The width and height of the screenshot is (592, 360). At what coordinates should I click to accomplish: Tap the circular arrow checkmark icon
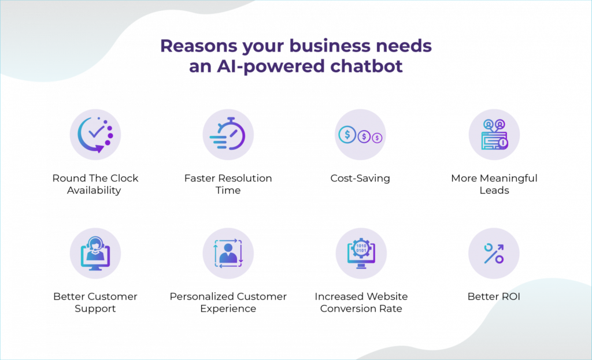(95, 135)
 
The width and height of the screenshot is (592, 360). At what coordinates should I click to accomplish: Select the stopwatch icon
(228, 135)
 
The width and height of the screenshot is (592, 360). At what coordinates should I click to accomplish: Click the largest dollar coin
(348, 135)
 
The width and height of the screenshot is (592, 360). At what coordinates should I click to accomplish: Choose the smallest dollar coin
(378, 138)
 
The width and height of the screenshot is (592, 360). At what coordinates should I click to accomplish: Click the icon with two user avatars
(494, 135)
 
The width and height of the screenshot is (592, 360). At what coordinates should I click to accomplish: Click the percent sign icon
(494, 253)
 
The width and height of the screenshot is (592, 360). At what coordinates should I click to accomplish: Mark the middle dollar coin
(365, 136)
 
